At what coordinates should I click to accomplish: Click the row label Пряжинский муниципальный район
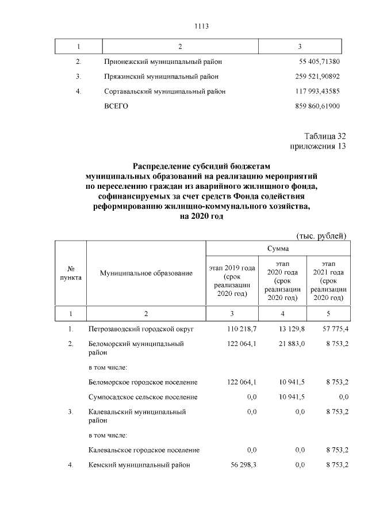click(162, 76)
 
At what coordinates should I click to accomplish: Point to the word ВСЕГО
click(116, 107)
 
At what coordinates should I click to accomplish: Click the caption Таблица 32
click(325, 136)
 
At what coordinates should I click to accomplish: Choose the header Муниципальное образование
click(146, 273)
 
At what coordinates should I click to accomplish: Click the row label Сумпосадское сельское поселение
click(143, 397)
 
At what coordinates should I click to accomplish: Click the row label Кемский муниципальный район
click(139, 465)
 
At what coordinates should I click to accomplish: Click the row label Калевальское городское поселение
click(144, 450)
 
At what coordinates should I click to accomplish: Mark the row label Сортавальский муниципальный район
click(165, 91)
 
